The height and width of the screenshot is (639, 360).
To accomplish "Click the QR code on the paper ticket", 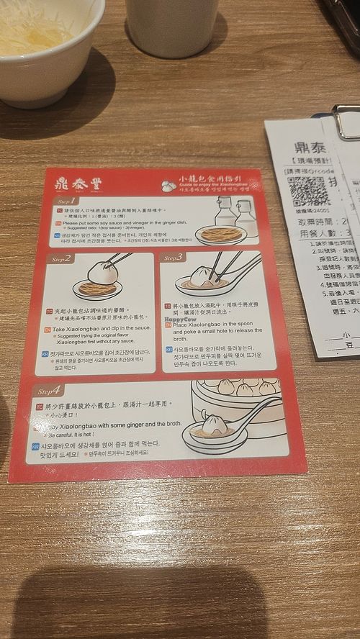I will tap(308, 191).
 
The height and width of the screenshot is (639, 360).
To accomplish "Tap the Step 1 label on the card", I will tap(66, 201).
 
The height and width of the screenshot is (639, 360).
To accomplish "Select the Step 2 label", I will tap(60, 258).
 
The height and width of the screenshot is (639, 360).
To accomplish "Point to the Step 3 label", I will tap(174, 257).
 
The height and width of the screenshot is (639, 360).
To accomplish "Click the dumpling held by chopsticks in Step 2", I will tap(103, 271).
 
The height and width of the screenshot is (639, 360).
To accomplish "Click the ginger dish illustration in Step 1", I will tap(220, 235).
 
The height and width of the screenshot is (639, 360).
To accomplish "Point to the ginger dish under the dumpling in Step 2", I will tap(97, 289).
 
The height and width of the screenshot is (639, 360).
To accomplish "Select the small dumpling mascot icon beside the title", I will tap(168, 186).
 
